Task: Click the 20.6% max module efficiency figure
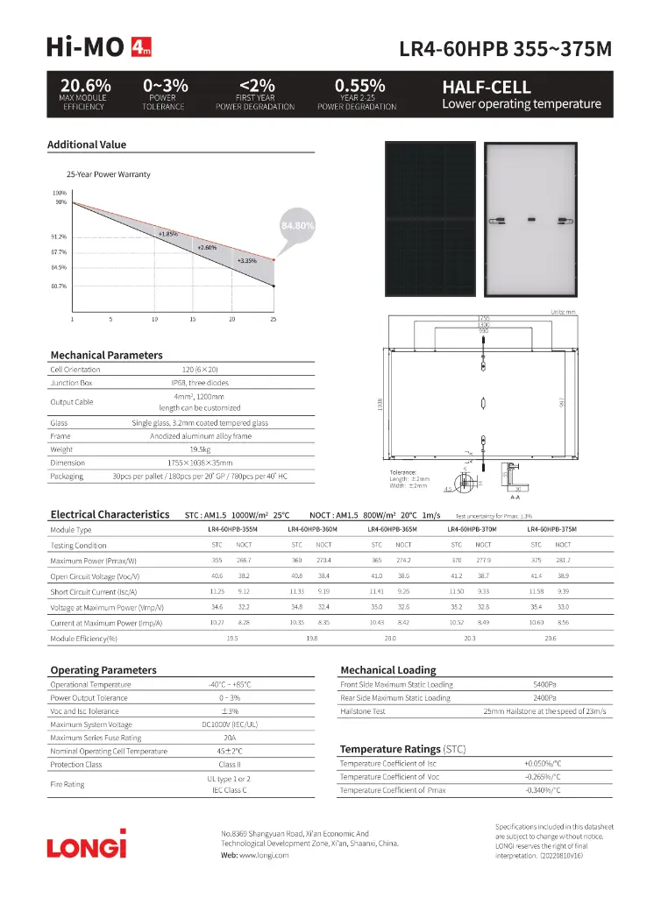coord(85,86)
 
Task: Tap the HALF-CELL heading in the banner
coord(487,88)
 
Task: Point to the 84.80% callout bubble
coord(297,225)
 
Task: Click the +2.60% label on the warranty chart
coord(207,247)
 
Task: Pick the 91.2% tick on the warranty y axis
coord(59,237)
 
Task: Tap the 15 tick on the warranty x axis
coord(193,319)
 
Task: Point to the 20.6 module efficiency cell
coord(550,639)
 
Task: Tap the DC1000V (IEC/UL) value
coord(229,724)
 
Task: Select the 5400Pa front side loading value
coord(544,684)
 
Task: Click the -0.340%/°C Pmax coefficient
coord(542,790)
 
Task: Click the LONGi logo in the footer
coord(86,845)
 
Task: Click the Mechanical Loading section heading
coord(387,670)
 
